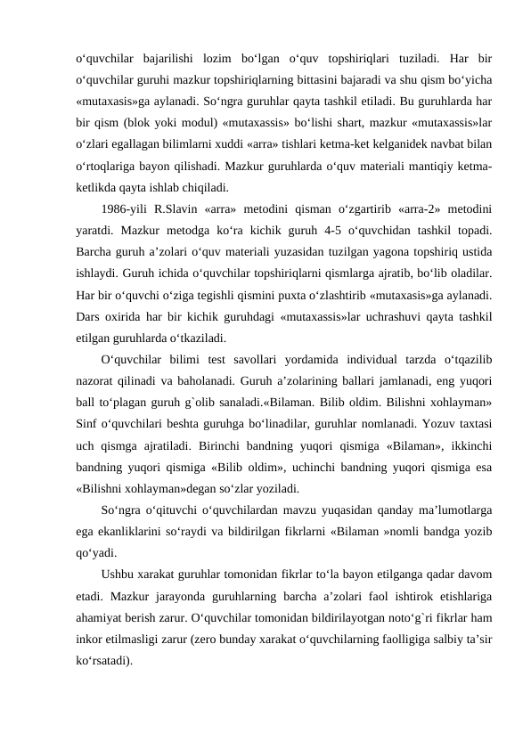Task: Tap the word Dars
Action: pyautogui.click(x=90, y=316)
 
